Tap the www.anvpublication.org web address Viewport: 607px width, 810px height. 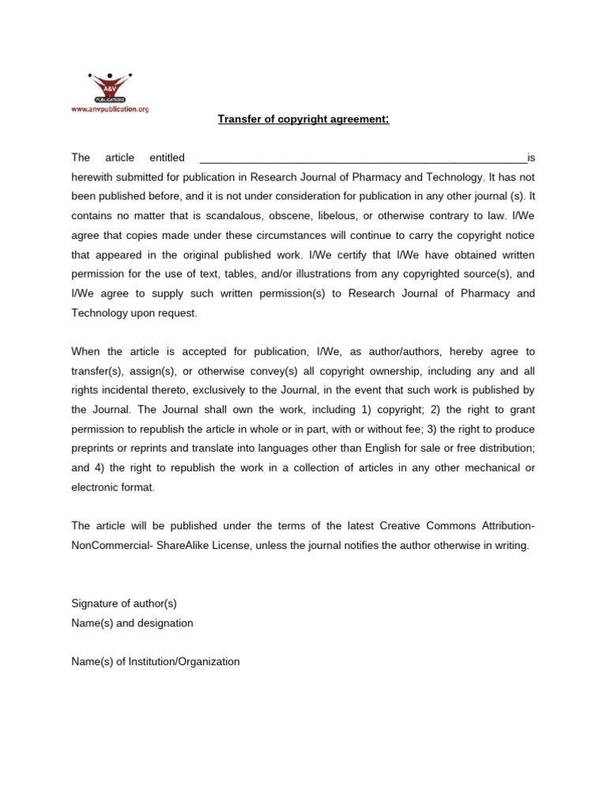[x=110, y=109]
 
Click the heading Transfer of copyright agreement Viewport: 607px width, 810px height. [x=303, y=119]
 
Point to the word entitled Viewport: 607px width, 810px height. [x=167, y=157]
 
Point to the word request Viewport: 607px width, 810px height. [x=178, y=312]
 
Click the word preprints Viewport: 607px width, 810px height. [x=96, y=448]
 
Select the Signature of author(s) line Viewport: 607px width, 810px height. [x=124, y=603]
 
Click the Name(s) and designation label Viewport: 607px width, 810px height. [x=132, y=623]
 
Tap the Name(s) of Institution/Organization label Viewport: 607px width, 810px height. [x=155, y=661]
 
